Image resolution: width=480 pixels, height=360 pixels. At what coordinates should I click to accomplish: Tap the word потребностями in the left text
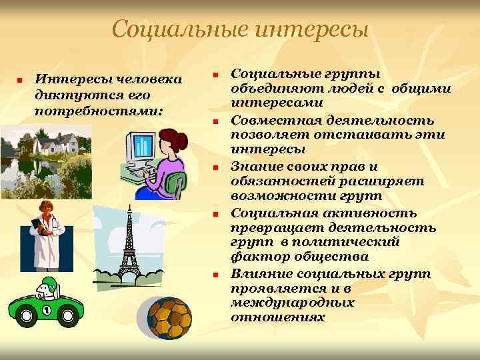click(99, 108)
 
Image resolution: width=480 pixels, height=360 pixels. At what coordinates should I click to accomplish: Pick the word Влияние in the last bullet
click(256, 273)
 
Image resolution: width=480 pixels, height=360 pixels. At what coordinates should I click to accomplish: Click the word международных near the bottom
click(292, 303)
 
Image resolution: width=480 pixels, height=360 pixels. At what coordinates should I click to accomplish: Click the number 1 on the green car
click(47, 311)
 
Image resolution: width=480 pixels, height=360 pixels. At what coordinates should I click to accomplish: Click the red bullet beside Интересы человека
click(21, 79)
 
